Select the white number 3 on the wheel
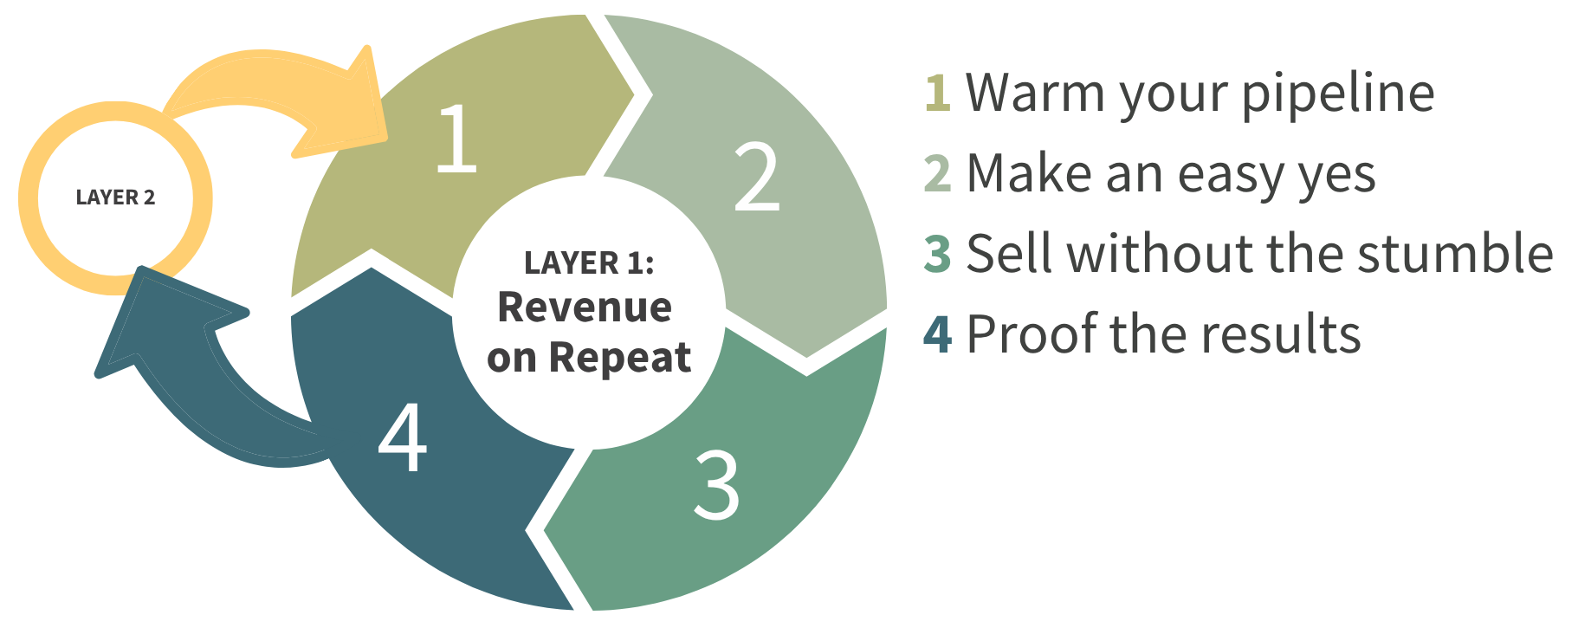[x=716, y=485]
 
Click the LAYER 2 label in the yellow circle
[x=115, y=197]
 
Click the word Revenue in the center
[x=585, y=308]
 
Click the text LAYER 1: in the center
[x=589, y=262]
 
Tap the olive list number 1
[x=938, y=94]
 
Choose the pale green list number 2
[x=938, y=174]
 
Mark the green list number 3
[x=938, y=254]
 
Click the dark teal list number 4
[x=938, y=334]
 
